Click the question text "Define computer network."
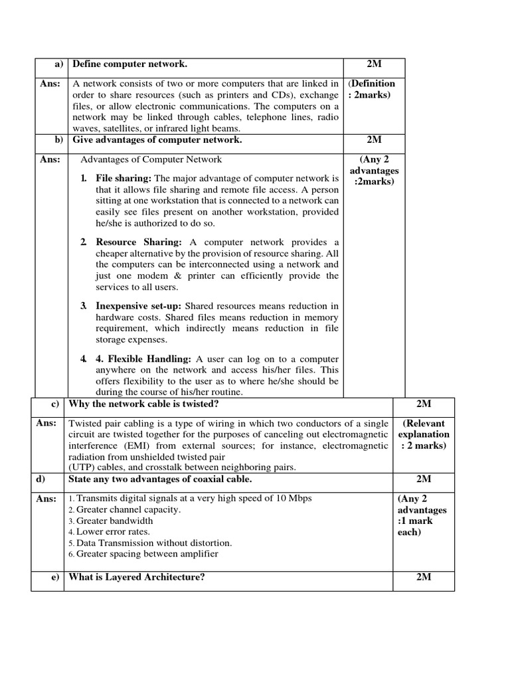click(129, 64)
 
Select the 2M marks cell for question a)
click(374, 64)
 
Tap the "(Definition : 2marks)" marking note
click(373, 89)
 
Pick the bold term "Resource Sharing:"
click(139, 242)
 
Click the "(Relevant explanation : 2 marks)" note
click(424, 434)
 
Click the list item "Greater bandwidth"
click(115, 521)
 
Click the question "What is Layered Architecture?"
click(136, 577)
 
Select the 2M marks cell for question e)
click(424, 577)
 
